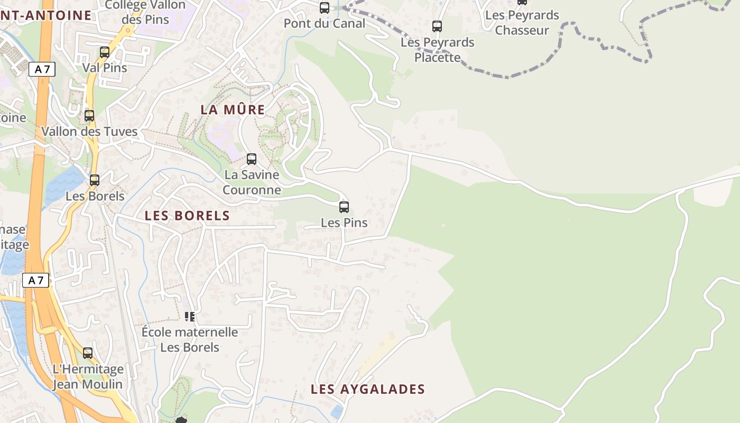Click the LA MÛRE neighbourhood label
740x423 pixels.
pos(233,110)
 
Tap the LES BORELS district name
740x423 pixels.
pos(187,216)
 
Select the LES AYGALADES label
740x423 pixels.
pos(367,390)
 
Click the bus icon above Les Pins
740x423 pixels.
pos(344,207)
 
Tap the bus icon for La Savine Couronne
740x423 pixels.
pos(252,159)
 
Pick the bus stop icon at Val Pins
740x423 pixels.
pos(105,52)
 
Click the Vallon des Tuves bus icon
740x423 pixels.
pos(89,116)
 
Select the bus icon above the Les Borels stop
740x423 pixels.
pos(95,180)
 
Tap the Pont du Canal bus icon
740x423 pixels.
pos(325,8)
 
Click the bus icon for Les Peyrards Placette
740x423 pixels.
pos(437,26)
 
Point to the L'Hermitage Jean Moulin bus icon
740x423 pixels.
pos(88,353)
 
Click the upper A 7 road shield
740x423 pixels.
pos(42,69)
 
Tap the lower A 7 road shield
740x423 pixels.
pos(35,280)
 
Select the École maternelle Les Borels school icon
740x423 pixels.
pos(190,317)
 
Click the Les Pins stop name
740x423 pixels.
pos(344,223)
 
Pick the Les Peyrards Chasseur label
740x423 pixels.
pos(522,23)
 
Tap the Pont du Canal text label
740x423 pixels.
pos(325,23)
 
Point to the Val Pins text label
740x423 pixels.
pos(105,68)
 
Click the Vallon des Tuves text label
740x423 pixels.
pos(89,131)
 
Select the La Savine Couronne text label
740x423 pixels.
pos(252,182)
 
